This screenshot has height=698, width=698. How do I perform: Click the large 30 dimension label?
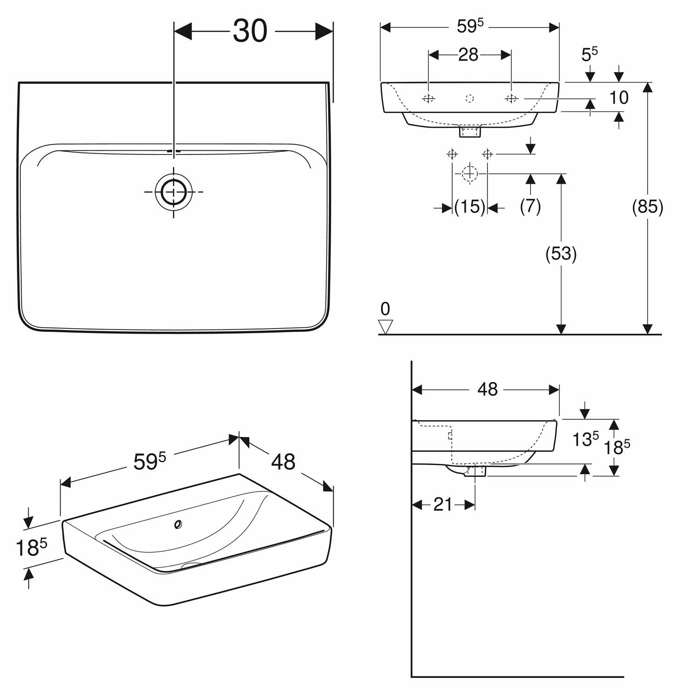point(250,31)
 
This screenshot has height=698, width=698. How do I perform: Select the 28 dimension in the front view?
point(469,55)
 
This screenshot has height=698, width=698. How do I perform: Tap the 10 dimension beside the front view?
point(619,98)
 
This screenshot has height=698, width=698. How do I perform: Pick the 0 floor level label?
point(385,309)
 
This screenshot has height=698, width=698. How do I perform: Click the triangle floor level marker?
point(386,327)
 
